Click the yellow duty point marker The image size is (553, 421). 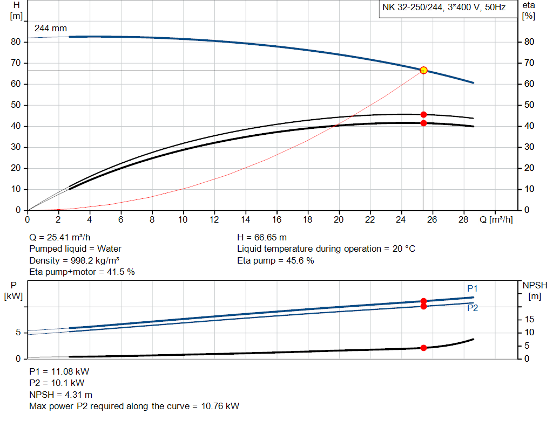tap(423, 70)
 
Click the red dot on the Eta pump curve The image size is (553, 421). tap(423, 114)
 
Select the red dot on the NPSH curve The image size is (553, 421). tap(423, 348)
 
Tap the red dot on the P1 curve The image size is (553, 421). tap(423, 301)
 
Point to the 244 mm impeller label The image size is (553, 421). tap(51, 28)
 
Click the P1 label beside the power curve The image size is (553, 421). tap(473, 289)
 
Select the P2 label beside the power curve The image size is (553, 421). tap(473, 308)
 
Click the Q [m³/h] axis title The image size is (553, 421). tap(496, 220)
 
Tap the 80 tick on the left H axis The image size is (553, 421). tap(16, 42)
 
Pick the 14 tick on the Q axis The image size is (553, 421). tap(245, 220)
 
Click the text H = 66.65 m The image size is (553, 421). tap(262, 237)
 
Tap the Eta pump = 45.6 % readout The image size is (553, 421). tap(275, 260)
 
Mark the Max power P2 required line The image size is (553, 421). tap(134, 406)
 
